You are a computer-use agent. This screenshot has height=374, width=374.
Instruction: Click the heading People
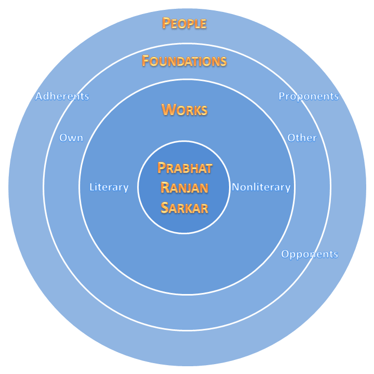click(184, 23)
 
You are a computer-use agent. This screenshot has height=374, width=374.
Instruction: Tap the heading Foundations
click(184, 61)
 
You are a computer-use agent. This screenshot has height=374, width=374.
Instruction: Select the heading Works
click(184, 110)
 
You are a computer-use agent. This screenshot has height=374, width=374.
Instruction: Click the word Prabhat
click(184, 168)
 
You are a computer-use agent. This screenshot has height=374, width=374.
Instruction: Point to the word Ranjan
click(184, 188)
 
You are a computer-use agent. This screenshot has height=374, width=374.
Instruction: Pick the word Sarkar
click(184, 208)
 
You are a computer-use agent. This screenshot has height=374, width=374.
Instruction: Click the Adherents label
click(62, 96)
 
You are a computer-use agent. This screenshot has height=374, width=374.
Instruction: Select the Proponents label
click(309, 96)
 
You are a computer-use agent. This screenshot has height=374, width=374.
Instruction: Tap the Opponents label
click(310, 254)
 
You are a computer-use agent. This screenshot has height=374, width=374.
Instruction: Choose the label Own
click(71, 138)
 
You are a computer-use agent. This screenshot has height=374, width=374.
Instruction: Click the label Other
click(302, 138)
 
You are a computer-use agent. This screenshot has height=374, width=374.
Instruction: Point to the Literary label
click(109, 187)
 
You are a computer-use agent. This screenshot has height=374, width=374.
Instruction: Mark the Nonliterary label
click(261, 187)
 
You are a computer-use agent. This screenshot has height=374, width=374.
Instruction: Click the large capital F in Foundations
click(146, 61)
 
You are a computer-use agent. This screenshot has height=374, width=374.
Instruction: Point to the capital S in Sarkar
click(164, 208)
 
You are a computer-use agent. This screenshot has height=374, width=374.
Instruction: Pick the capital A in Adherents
click(39, 96)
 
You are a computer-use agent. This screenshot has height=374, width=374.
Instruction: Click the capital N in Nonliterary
click(235, 187)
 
